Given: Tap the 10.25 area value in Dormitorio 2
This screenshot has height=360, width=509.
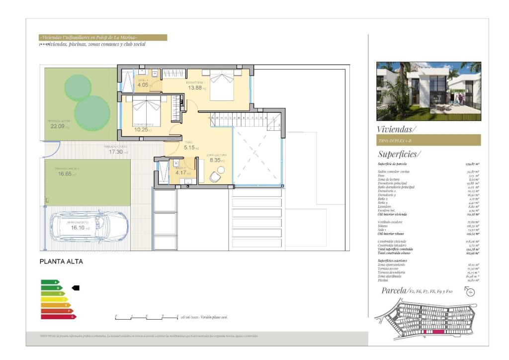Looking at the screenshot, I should pyautogui.click(x=141, y=130).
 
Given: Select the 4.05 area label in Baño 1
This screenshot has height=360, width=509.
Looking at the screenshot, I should pyautogui.click(x=143, y=85).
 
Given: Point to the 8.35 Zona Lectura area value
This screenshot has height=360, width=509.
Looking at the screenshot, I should pyautogui.click(x=214, y=160).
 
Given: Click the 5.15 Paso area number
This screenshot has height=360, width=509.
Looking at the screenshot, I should pyautogui.click(x=189, y=148).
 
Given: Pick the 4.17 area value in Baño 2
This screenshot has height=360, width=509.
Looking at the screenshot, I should pyautogui.click(x=181, y=173).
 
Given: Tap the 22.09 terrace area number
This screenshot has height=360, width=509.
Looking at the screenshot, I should pyautogui.click(x=57, y=126).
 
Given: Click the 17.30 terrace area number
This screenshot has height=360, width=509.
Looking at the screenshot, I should pyautogui.click(x=116, y=152).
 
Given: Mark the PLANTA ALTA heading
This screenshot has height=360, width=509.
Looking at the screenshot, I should pyautogui.click(x=61, y=262).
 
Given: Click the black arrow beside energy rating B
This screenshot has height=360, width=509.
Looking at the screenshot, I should pyautogui.click(x=76, y=287).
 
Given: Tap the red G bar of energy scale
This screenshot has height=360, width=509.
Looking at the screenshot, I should pyautogui.click(x=58, y=316).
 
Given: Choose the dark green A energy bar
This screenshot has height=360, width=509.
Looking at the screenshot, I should pyautogui.click(x=50, y=282).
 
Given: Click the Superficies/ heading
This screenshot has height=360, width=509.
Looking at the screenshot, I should pyautogui.click(x=399, y=154).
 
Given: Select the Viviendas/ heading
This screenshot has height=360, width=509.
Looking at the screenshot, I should pyautogui.click(x=396, y=129).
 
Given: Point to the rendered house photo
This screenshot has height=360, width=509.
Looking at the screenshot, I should pyautogui.click(x=428, y=91).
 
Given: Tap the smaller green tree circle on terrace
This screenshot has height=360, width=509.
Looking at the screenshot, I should pyautogui.click(x=78, y=85).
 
